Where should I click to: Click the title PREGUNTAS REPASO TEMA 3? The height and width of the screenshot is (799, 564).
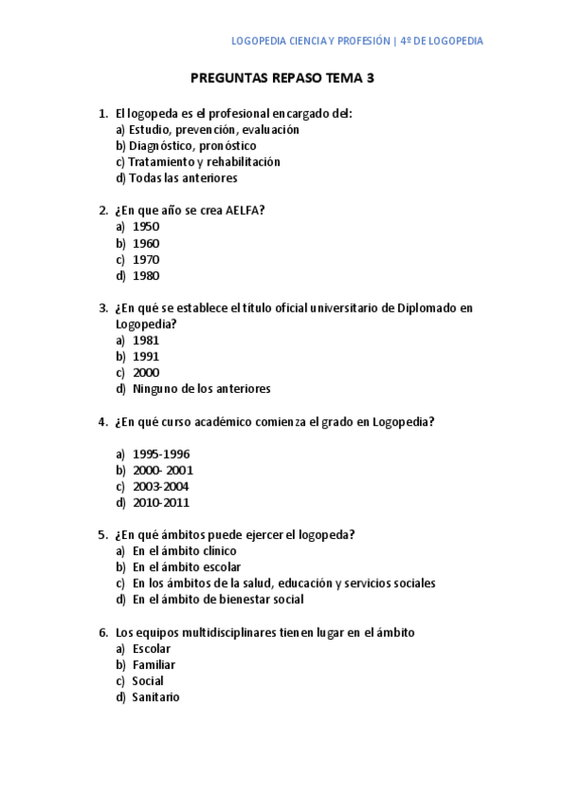click(282, 78)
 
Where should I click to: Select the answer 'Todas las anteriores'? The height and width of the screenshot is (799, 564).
click(183, 178)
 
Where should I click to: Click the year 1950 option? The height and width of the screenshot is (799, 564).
click(146, 227)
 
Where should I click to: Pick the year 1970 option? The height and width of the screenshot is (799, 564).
click(146, 260)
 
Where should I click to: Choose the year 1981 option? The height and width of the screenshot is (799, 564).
click(146, 340)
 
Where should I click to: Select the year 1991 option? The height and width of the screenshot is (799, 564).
click(146, 356)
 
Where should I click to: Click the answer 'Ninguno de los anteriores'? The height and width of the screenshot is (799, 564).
click(201, 389)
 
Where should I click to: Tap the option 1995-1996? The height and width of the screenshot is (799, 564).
click(161, 454)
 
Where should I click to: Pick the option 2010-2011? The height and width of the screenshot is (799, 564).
click(161, 503)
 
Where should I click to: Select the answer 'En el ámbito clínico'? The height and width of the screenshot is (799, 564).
click(185, 551)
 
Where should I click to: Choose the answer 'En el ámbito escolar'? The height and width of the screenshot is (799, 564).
click(186, 567)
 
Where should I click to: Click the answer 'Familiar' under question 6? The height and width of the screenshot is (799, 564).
click(153, 665)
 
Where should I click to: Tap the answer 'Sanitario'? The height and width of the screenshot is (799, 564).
click(155, 698)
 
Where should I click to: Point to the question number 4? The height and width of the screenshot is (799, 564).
click(103, 422)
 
